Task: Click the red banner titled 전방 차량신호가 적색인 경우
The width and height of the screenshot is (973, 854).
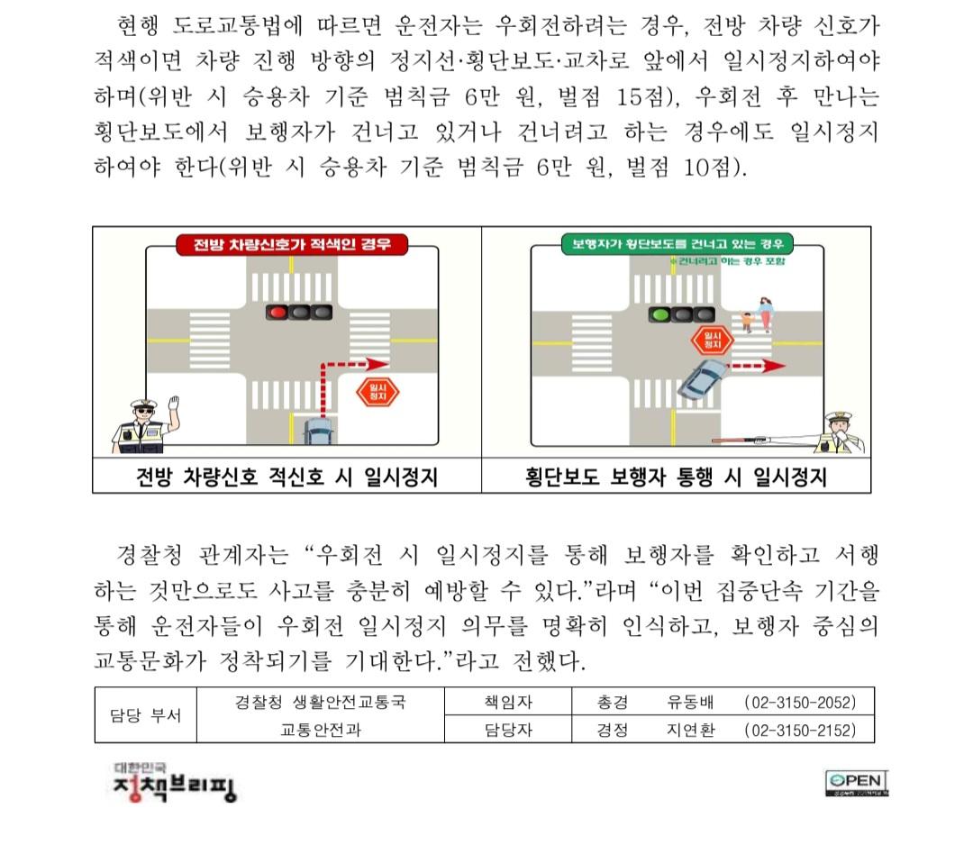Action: coord(288,244)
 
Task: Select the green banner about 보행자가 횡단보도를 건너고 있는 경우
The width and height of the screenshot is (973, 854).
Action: coord(677,243)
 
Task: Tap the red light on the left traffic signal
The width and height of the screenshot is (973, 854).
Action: coord(277,313)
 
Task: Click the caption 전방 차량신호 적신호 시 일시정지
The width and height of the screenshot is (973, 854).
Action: coord(286,477)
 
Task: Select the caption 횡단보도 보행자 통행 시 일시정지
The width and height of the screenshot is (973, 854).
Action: coord(676,477)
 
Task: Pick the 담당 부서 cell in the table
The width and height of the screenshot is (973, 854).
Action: coord(145,716)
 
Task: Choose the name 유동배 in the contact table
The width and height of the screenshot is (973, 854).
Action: coord(690,702)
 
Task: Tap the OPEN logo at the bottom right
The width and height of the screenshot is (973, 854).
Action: coord(857,784)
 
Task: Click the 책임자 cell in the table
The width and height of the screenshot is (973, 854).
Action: coord(508,702)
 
